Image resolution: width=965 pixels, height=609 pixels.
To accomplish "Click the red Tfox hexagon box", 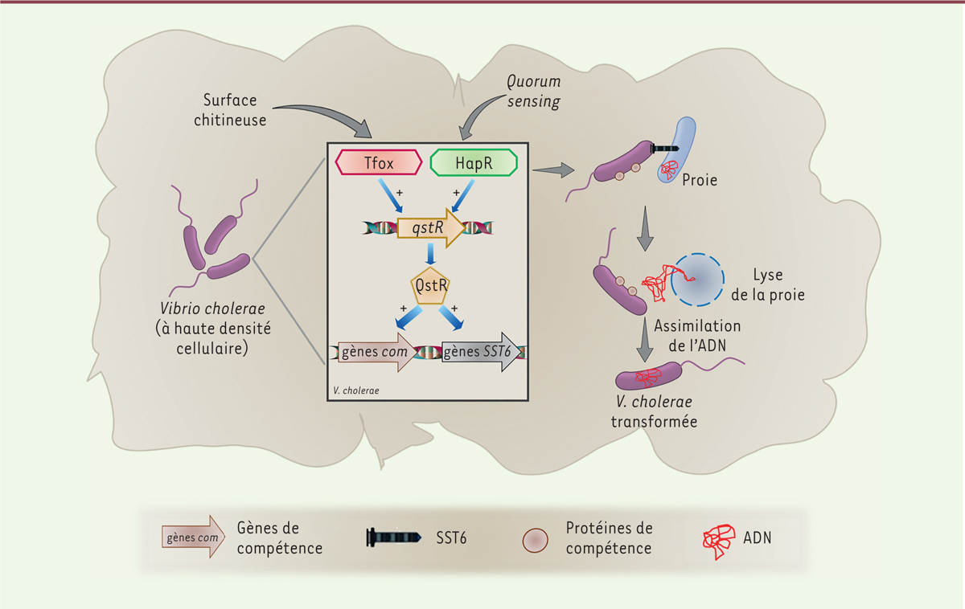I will tap(378, 162).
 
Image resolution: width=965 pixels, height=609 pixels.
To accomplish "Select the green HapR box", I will tap(474, 162).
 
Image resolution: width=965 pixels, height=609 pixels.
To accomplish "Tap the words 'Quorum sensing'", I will tap(533, 92).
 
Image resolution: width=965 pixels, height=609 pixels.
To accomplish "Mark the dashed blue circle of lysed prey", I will tap(694, 280).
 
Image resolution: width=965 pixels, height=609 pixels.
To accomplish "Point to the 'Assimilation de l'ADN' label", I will tap(697, 336).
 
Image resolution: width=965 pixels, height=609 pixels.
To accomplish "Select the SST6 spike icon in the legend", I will tap(394, 537).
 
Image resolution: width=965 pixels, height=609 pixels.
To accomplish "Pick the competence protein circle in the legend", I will tap(536, 540).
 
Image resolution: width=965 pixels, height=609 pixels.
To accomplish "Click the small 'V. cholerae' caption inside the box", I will tap(355, 390).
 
